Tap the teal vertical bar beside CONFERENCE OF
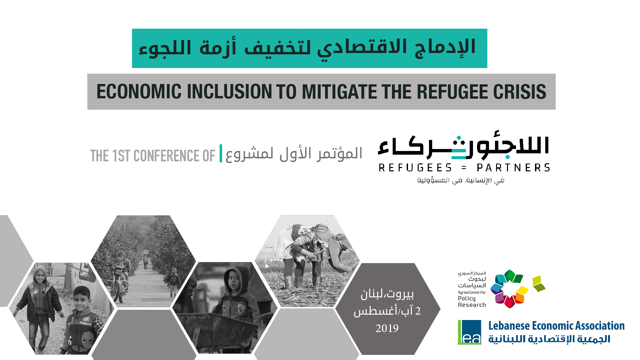(221, 153)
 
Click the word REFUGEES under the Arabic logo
(415, 167)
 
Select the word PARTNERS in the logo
(513, 167)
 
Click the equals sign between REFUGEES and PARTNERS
(464, 168)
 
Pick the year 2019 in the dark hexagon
(387, 328)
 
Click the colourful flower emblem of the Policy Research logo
(509, 289)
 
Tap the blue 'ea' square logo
(470, 332)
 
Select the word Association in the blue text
(600, 326)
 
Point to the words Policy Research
(472, 302)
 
